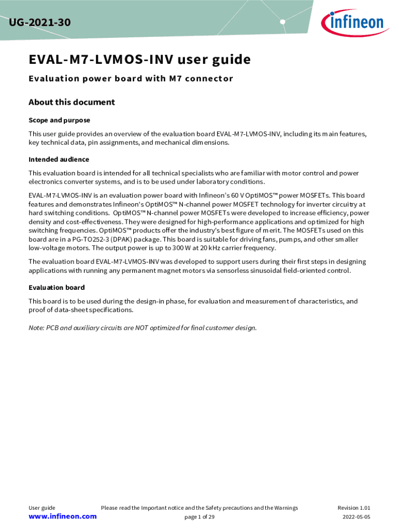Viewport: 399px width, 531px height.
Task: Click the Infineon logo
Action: tap(354, 21)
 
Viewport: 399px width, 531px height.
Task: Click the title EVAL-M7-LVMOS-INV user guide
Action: tap(139, 60)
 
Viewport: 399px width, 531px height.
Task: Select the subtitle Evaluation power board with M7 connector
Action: tap(131, 79)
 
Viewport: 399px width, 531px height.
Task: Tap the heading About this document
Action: tap(72, 102)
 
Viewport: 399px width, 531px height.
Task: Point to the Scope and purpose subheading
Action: tap(59, 120)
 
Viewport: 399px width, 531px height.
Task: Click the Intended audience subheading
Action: tap(59, 159)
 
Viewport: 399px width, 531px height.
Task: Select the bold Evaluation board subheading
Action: tap(56, 287)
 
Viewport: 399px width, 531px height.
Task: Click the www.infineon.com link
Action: tap(62, 516)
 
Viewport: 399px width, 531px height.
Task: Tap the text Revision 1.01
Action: tap(353, 508)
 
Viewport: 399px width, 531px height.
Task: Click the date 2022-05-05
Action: tap(356, 517)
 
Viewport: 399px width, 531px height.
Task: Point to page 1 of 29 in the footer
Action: tap(199, 517)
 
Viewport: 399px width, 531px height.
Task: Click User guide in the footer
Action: tap(41, 508)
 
